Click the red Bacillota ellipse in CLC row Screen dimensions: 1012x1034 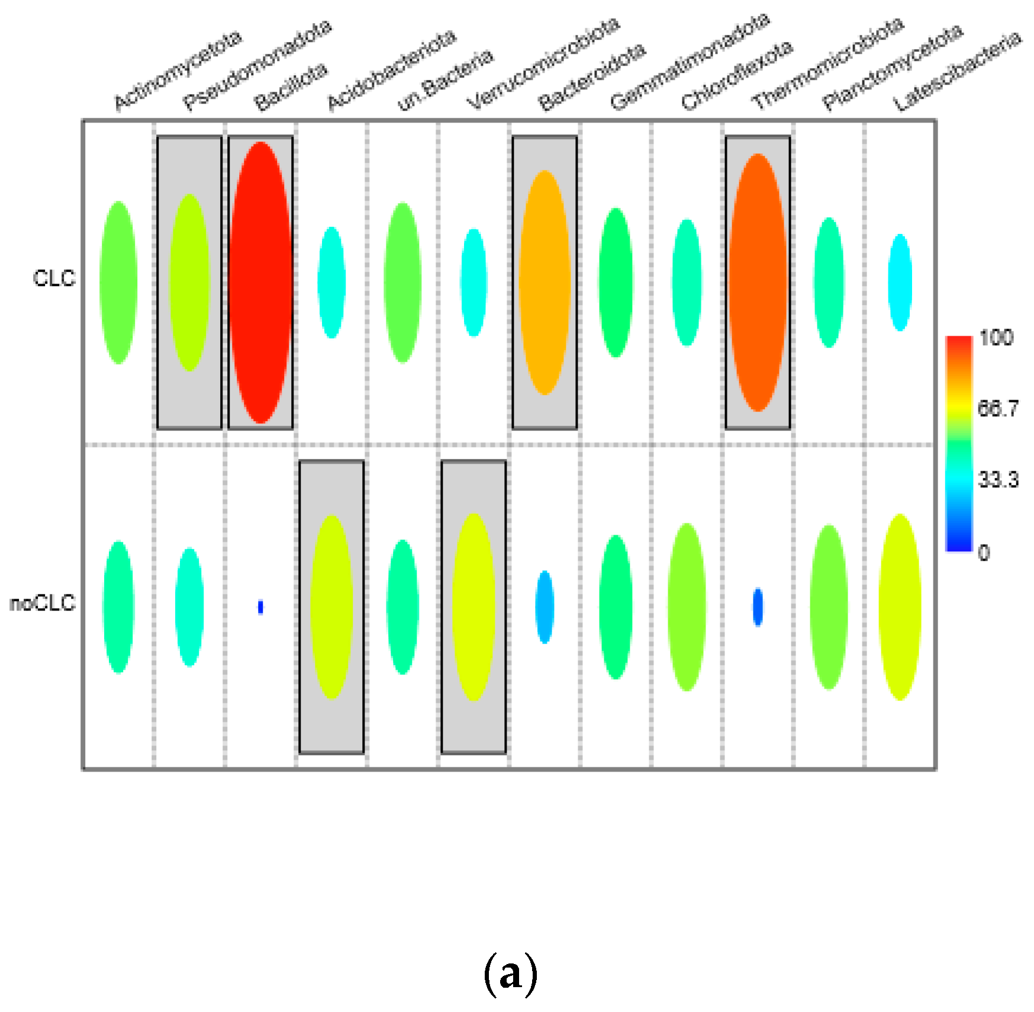tap(260, 282)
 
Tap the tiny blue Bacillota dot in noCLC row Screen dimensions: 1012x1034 tap(260, 607)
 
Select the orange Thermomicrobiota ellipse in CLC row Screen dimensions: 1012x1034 tap(758, 282)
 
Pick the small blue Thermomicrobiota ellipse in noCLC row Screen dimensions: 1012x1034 tap(758, 607)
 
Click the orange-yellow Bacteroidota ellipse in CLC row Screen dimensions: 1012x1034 tap(545, 282)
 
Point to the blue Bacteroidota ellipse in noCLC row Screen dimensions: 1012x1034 tap(545, 607)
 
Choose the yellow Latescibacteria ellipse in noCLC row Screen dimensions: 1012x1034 tap(900, 607)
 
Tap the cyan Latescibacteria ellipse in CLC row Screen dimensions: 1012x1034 tap(900, 282)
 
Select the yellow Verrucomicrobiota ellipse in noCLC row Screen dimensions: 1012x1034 tap(473, 607)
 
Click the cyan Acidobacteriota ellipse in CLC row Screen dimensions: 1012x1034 tap(331, 282)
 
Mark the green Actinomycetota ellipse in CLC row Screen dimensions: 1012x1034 tap(118, 282)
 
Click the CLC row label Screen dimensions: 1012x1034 tap(54, 278)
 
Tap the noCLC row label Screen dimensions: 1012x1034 tap(43, 603)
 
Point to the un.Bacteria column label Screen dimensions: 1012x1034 tap(444, 80)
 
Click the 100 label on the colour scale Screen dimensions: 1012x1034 tap(996, 338)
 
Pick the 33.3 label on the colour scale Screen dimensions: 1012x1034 tap(998, 479)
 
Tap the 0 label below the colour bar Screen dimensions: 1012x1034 tap(984, 552)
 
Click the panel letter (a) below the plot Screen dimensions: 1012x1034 tap(511, 973)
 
